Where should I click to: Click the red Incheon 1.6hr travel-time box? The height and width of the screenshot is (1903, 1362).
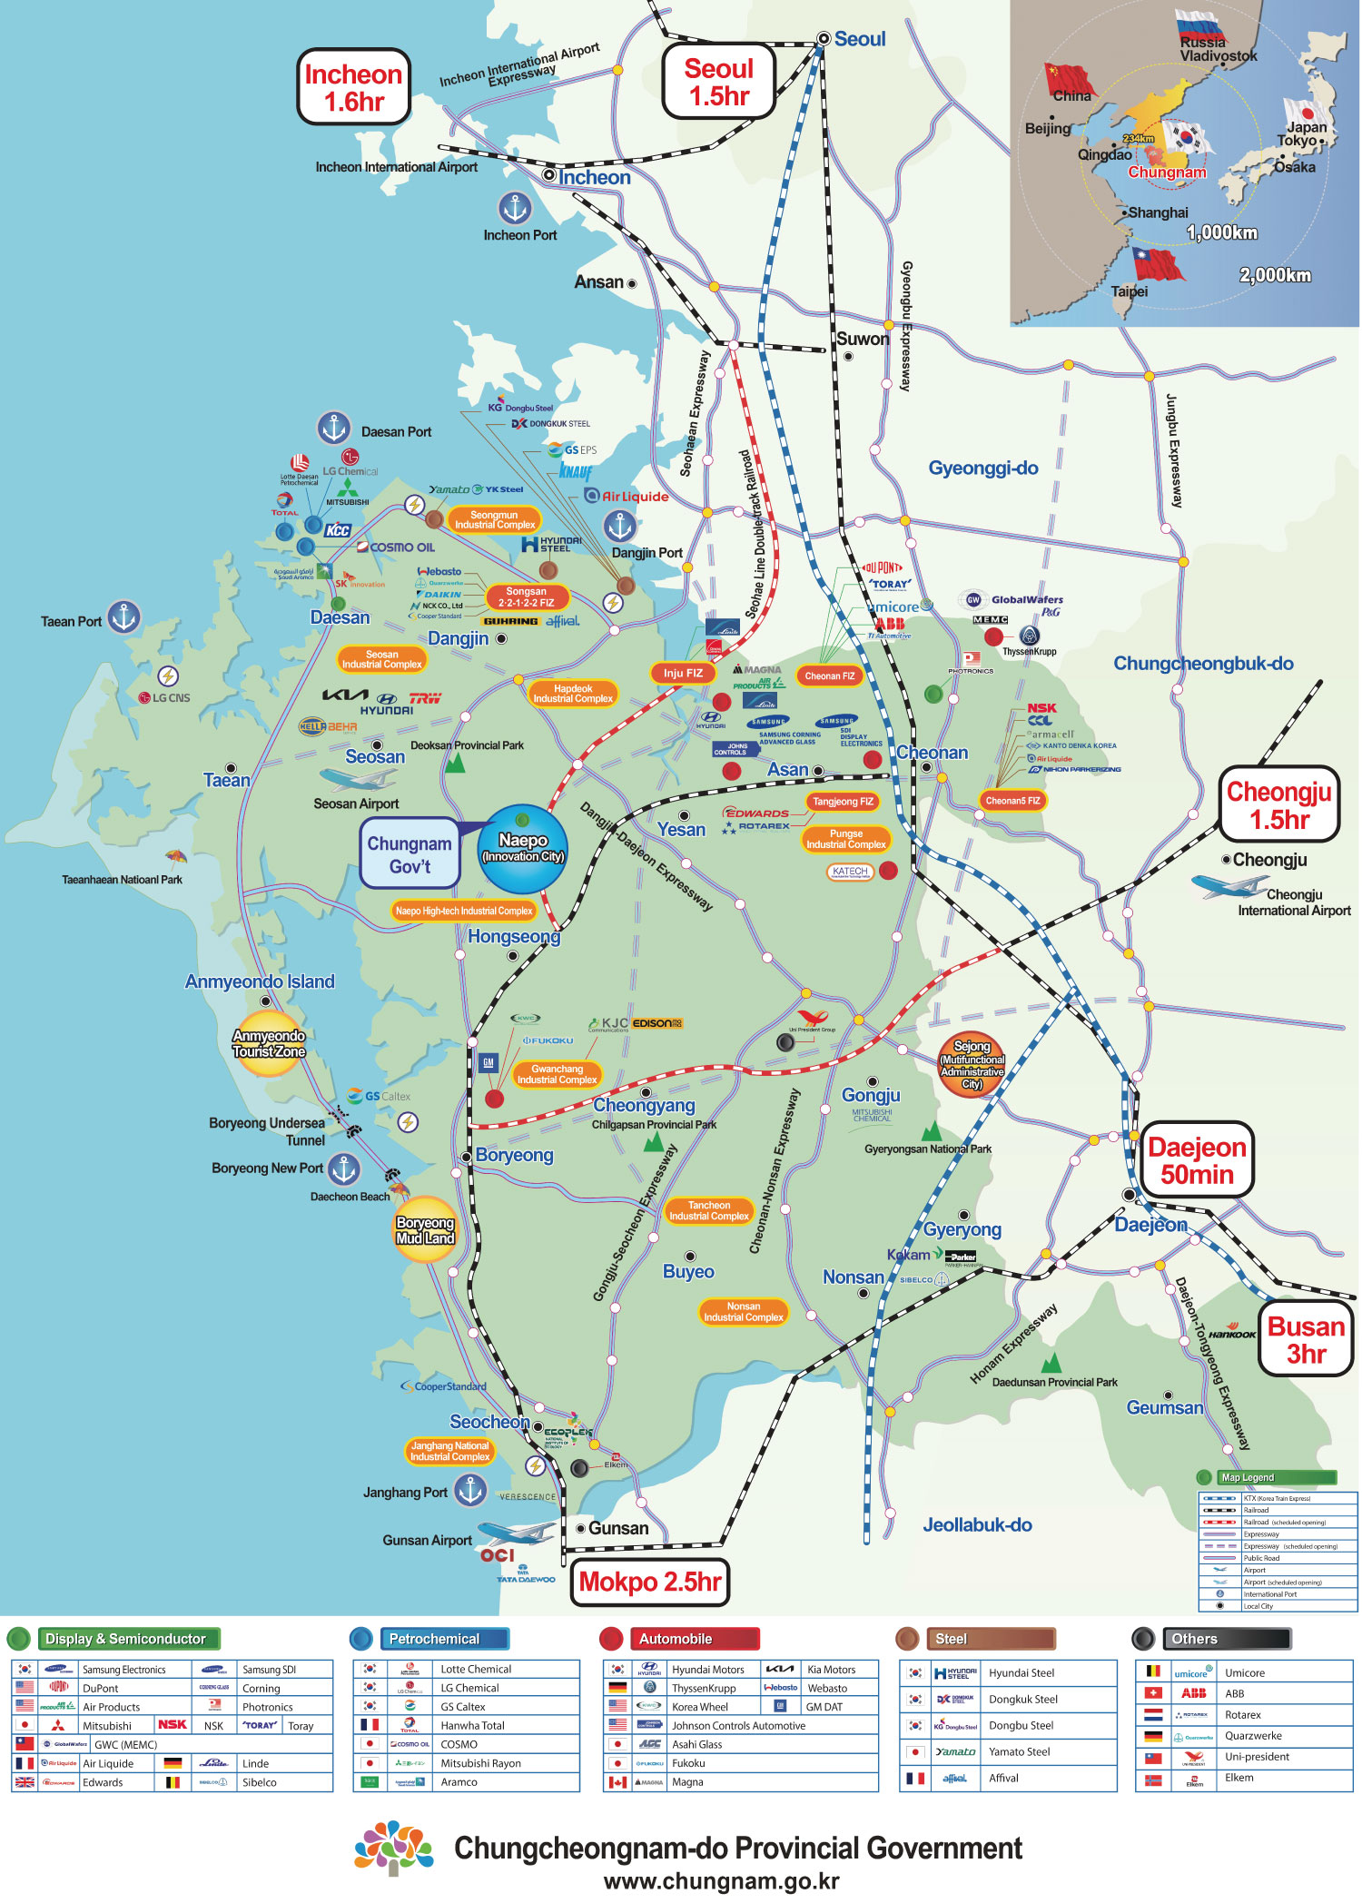pyautogui.click(x=353, y=87)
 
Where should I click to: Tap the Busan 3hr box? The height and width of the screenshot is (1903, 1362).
pyautogui.click(x=1305, y=1340)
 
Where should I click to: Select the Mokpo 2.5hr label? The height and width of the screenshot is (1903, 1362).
pyautogui.click(x=649, y=1582)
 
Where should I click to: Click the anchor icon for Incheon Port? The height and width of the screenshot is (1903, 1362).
pyautogui.click(x=515, y=209)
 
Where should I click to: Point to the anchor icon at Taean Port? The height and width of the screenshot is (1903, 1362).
pyautogui.click(x=124, y=617)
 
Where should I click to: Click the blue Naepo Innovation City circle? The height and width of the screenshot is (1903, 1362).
pyautogui.click(x=523, y=848)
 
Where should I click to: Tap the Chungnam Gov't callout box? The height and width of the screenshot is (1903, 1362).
pyautogui.click(x=410, y=854)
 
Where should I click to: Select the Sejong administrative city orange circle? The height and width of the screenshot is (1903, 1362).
pyautogui.click(x=972, y=1065)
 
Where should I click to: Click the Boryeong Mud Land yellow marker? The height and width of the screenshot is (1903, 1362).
pyautogui.click(x=424, y=1230)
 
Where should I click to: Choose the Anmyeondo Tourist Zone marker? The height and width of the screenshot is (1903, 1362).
pyautogui.click(x=269, y=1044)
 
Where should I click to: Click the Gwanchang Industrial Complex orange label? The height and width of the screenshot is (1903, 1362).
pyautogui.click(x=557, y=1075)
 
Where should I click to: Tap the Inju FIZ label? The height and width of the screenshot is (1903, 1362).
pyautogui.click(x=683, y=673)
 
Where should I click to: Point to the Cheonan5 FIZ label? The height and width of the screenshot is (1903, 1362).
pyautogui.click(x=1012, y=801)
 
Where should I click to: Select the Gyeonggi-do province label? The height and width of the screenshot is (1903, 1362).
pyautogui.click(x=982, y=468)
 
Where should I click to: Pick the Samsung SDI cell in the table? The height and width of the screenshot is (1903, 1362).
pyautogui.click(x=269, y=1670)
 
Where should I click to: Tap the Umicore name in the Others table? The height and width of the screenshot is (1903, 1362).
pyautogui.click(x=1244, y=1672)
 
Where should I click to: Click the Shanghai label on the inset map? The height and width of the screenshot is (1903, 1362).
pyautogui.click(x=1157, y=212)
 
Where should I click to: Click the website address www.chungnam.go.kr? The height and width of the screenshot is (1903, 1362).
pyautogui.click(x=721, y=1881)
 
